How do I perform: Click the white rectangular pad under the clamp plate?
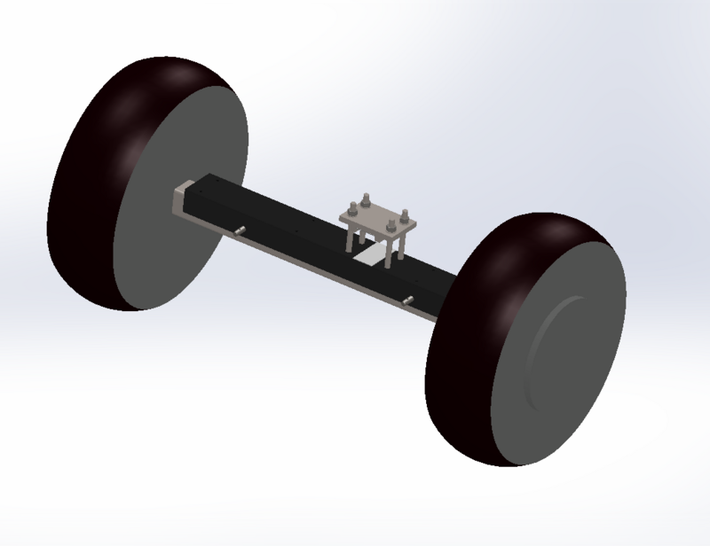(374, 259)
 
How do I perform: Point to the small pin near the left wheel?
(241, 231)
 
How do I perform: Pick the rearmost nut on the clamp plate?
(366, 200)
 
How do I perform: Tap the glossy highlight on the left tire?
(133, 97)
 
